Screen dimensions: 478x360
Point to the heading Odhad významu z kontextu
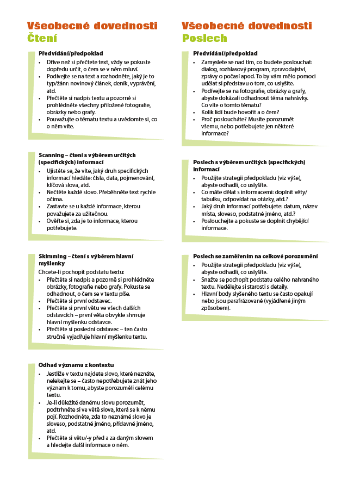click(76, 364)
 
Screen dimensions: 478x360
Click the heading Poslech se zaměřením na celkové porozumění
click(256, 256)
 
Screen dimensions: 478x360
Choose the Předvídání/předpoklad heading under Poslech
click(225, 54)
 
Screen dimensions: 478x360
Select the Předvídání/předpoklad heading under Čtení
click(71, 54)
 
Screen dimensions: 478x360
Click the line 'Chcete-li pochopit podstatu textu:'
click(82, 271)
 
